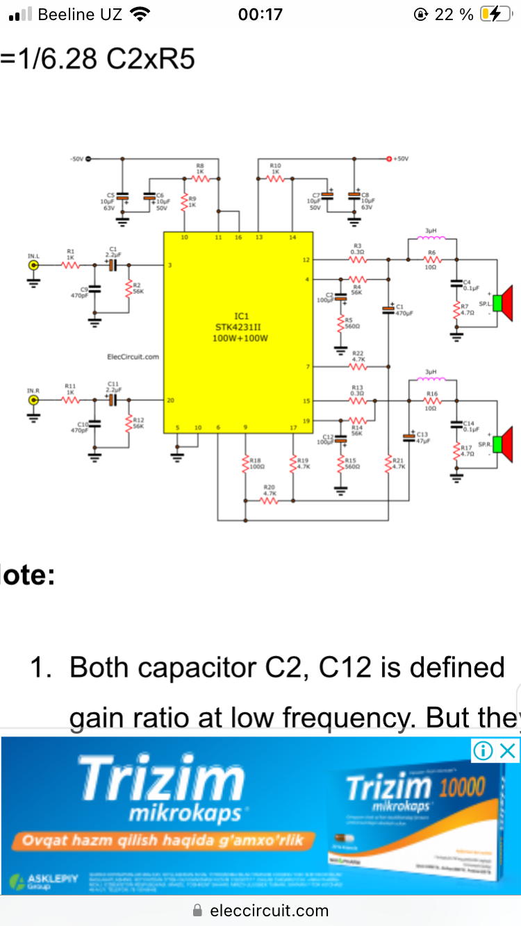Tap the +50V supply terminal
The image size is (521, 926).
point(390,159)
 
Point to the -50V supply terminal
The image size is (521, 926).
point(88,159)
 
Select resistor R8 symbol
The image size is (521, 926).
point(200,178)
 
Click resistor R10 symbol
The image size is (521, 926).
point(276,178)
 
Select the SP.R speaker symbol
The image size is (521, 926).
point(505,445)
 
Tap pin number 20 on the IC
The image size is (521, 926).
point(170,401)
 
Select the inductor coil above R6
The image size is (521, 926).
point(431,239)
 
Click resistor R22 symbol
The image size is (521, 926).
point(357,366)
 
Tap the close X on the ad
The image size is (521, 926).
point(508,750)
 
